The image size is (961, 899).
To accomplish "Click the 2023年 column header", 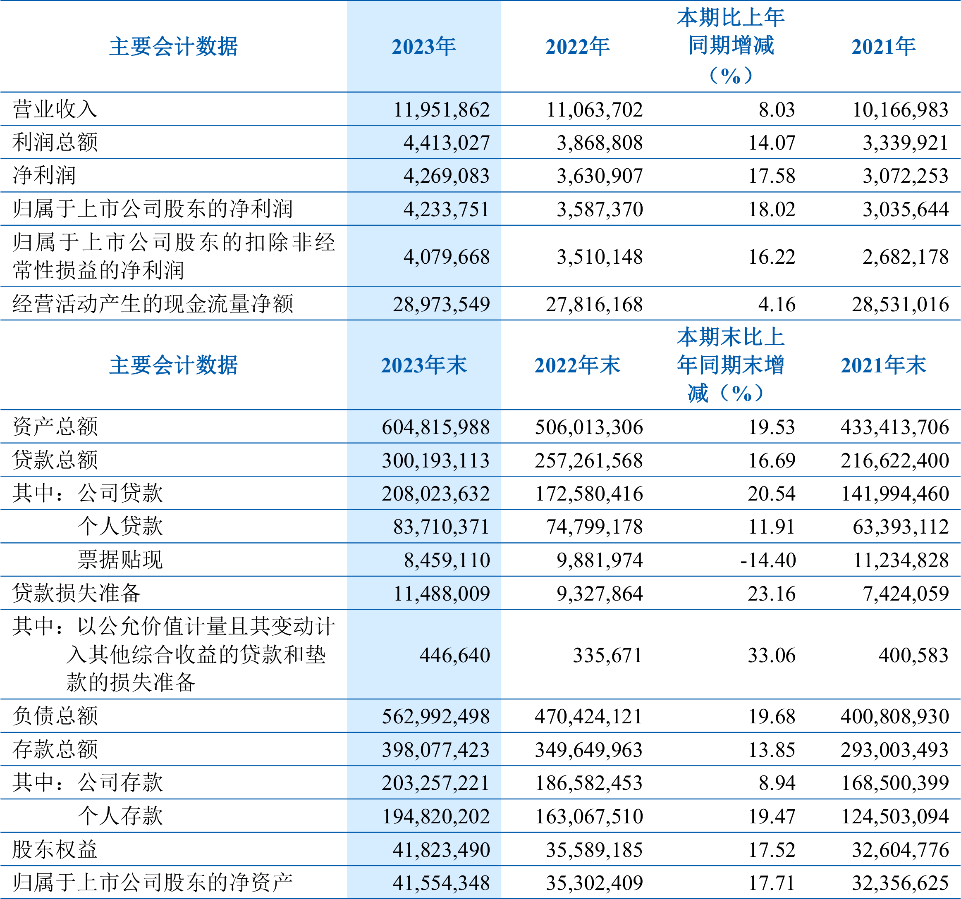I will (x=423, y=47).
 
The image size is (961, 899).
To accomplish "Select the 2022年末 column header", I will (x=577, y=366).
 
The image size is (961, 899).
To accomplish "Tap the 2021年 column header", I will (x=883, y=47).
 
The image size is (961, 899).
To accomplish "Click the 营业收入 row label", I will (x=55, y=109).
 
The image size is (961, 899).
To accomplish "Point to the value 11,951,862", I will (x=441, y=110).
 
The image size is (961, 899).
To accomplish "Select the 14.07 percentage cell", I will (x=772, y=143).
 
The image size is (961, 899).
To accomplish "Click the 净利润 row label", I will (x=45, y=176).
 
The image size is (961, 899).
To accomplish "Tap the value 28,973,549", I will (x=441, y=304).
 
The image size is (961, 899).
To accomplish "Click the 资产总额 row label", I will (x=55, y=427).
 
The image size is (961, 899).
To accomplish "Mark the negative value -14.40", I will (x=767, y=560).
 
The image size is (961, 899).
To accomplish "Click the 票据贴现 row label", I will (x=120, y=560).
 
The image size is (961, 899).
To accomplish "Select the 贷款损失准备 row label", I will (x=76, y=594).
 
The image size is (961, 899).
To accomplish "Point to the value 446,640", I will (x=454, y=656).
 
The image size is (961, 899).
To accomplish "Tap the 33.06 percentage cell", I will (x=772, y=656).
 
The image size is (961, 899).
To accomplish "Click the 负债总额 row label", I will (x=55, y=716).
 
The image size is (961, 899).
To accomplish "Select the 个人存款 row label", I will (x=120, y=816).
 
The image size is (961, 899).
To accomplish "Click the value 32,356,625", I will (x=900, y=883).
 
